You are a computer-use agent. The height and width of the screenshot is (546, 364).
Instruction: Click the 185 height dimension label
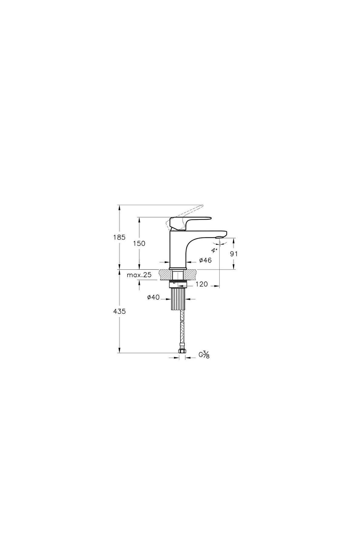119,237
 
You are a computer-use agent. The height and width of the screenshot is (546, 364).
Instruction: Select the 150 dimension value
139,243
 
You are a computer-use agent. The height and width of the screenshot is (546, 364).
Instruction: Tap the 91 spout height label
234,254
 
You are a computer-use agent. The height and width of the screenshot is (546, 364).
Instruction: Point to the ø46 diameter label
205,260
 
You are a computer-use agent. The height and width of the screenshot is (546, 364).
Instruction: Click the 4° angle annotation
214,250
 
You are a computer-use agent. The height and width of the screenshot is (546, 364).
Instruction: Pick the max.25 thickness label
139,275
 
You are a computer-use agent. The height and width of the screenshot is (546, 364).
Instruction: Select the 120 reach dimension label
202,284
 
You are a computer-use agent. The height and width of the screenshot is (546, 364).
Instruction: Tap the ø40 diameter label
153,298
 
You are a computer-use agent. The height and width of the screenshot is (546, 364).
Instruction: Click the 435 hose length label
119,311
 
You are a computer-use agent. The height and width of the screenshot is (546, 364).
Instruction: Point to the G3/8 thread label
204,355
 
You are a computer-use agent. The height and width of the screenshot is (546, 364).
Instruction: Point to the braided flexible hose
182,334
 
